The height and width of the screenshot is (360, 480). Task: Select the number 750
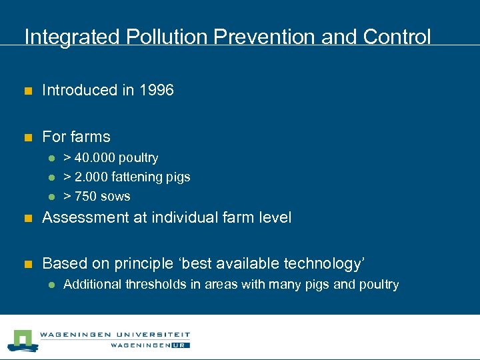[84, 197]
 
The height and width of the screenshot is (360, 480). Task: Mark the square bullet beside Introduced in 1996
[28, 91]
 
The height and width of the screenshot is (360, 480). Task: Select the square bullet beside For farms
[28, 138]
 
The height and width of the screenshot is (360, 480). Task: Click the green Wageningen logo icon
[23, 339]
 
